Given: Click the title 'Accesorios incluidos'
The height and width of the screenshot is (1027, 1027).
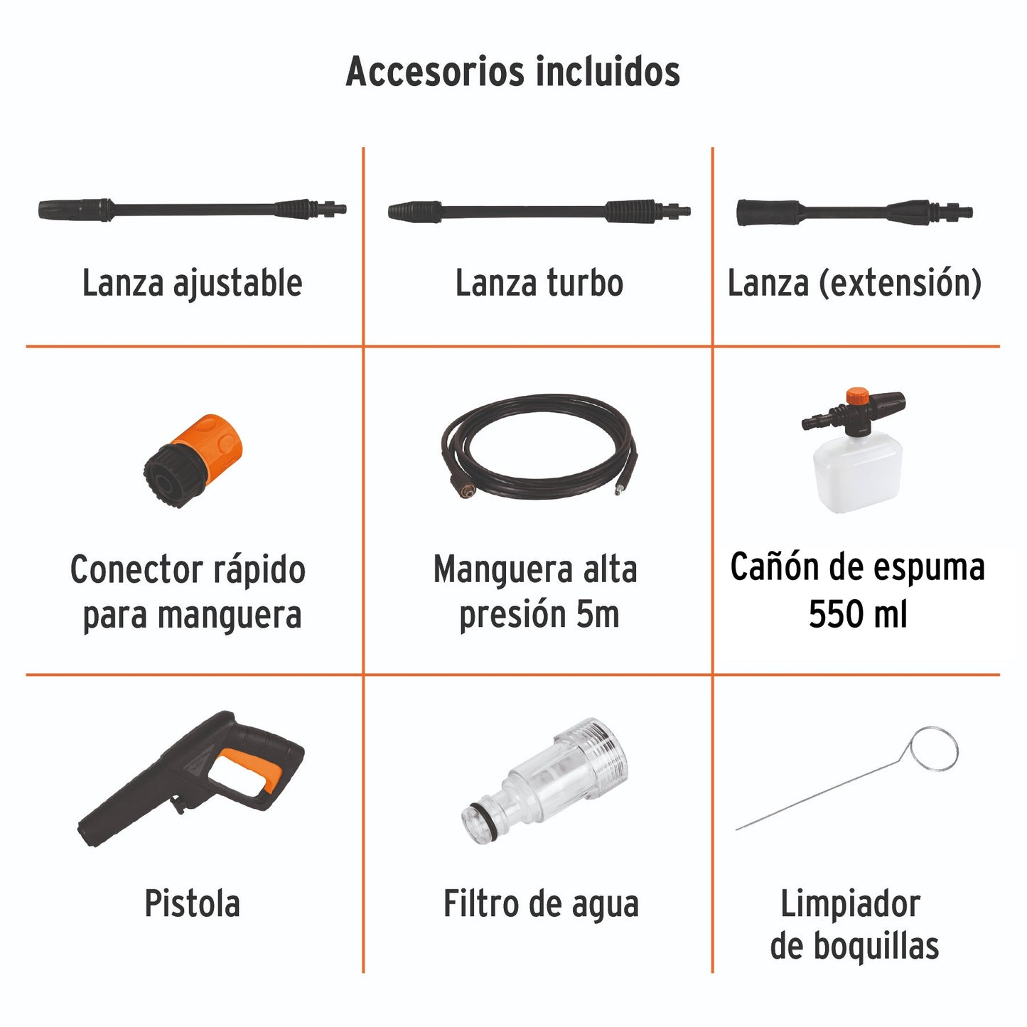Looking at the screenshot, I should tap(512, 72).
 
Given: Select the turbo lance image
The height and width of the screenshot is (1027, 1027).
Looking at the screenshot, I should tap(539, 211).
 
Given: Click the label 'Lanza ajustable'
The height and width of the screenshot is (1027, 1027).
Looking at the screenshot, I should tap(192, 283).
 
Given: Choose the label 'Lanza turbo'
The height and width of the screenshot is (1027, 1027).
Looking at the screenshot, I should tap(539, 283).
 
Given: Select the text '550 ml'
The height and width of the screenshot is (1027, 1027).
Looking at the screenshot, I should tap(857, 614).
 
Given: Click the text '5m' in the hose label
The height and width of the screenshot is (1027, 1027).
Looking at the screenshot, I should tap(597, 615).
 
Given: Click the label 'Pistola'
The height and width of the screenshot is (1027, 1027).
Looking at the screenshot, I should tap(192, 904).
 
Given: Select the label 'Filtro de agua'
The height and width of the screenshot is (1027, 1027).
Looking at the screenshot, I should tap(541, 904).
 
